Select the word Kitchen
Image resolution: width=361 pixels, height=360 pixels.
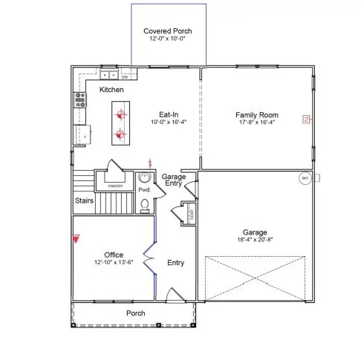click(x=111, y=90)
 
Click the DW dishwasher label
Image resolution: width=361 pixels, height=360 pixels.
click(x=125, y=76)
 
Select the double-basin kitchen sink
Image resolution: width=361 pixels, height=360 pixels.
click(x=108, y=75)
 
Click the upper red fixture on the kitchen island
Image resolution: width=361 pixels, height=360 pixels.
click(x=119, y=114)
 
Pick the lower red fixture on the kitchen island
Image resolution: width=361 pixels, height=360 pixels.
click(x=119, y=135)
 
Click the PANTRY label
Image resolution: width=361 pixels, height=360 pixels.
click(x=115, y=186)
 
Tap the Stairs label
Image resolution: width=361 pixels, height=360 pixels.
click(x=84, y=200)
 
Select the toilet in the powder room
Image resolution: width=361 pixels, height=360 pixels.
click(x=145, y=204)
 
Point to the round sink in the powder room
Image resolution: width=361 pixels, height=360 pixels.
click(x=144, y=178)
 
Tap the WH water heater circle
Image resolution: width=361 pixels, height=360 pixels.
click(x=305, y=178)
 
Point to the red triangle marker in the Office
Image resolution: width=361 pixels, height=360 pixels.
click(x=76, y=239)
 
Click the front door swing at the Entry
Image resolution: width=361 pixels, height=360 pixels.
click(x=174, y=295)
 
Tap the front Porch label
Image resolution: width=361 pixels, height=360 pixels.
click(x=135, y=313)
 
